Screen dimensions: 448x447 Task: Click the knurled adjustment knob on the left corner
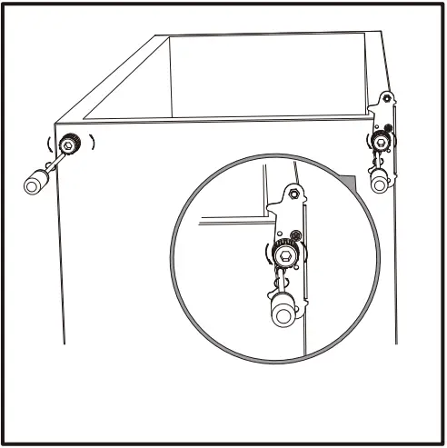pos(70,144)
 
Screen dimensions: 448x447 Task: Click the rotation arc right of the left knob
pos(92,143)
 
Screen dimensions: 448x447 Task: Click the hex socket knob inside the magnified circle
pos(286,257)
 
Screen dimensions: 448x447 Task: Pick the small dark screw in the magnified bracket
pos(296,238)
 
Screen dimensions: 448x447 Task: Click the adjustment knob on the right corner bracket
pos(380,140)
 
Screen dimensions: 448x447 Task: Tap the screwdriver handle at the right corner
pos(379,182)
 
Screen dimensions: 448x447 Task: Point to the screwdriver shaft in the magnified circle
pos(283,282)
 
